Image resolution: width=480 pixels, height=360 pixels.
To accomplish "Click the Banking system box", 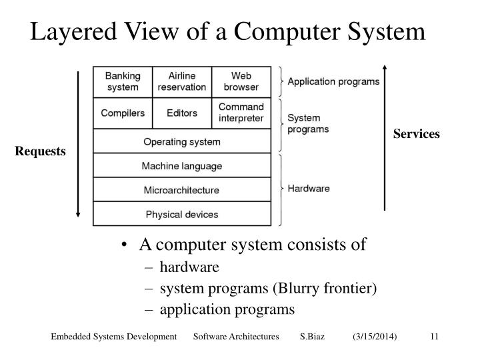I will (x=123, y=81).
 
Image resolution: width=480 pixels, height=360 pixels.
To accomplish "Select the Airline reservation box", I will (x=182, y=81).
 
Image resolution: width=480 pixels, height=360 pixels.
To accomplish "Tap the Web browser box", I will (x=241, y=81).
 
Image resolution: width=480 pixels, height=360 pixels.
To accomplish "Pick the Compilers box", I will (x=123, y=113).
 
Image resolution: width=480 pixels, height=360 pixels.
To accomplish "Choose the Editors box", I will (x=182, y=113).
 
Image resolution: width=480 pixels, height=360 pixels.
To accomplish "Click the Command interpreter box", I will (x=241, y=113).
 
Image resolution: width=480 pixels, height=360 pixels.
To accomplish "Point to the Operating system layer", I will (x=182, y=142).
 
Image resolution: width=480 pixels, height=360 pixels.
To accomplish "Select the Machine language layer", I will (x=182, y=166).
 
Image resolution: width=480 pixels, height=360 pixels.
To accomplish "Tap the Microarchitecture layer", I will (x=182, y=190).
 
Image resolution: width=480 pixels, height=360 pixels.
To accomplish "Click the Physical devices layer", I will (x=182, y=214).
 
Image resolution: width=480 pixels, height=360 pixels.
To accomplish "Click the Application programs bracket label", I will (x=333, y=82).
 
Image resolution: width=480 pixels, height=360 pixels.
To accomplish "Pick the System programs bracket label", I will (x=308, y=123).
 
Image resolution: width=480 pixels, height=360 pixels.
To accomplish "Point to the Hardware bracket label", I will (x=309, y=189).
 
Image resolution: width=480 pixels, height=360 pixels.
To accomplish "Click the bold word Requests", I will (x=42, y=152).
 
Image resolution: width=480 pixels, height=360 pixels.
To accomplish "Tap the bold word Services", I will (x=417, y=134).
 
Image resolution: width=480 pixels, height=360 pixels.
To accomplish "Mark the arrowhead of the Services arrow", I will (x=385, y=67).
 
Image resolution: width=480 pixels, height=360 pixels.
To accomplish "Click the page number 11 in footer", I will (x=433, y=338).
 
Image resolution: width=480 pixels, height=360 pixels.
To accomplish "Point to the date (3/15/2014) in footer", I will (x=375, y=338).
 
